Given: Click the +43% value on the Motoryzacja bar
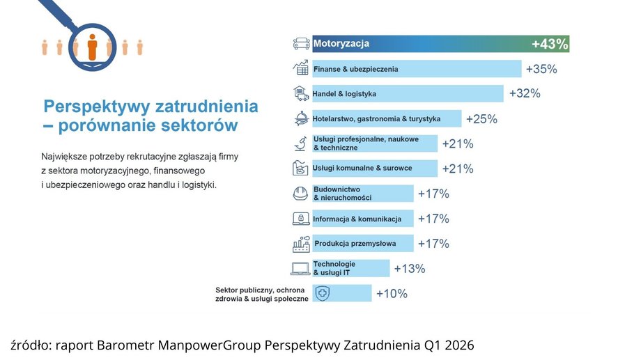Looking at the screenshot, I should coord(550,44).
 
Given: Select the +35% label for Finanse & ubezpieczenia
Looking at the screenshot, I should coord(541,69).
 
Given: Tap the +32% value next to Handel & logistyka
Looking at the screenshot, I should coord(524,93).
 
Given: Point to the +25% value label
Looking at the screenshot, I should coord(481,119).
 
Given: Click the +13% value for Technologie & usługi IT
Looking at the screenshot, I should coord(410,269).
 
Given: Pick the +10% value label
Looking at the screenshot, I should coord(392,294).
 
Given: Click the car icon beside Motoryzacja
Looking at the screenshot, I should coord(301,44).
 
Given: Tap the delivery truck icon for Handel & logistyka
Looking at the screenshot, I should coord(301,93).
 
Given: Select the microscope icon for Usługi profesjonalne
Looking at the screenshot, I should coord(301,144).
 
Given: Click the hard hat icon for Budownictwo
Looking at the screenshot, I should coord(301,194).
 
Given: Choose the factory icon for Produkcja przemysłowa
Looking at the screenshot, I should coord(301,244).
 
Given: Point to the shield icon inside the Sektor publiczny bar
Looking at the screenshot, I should coord(323,293).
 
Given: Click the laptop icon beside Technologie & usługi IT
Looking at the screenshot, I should coord(300,269).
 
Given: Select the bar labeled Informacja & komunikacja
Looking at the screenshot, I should coord(362,219).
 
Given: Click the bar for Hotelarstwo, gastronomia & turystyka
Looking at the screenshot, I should coord(386,118).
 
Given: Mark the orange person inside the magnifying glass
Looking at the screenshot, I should coord(92,47).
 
